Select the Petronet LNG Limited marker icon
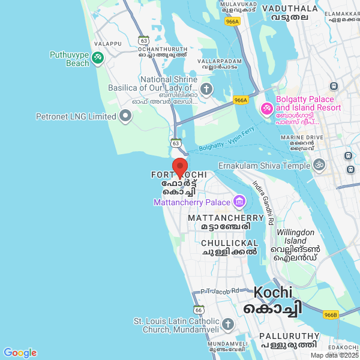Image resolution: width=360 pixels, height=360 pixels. [125, 116]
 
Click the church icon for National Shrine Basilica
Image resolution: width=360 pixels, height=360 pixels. [206, 90]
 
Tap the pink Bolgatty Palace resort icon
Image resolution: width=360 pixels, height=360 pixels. [266, 109]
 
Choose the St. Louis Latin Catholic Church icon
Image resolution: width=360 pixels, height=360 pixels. [227, 325]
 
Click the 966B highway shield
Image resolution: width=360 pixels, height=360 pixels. [331, 314]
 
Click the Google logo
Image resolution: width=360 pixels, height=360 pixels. [20, 353]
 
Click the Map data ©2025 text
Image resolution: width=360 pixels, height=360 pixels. [334, 355]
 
